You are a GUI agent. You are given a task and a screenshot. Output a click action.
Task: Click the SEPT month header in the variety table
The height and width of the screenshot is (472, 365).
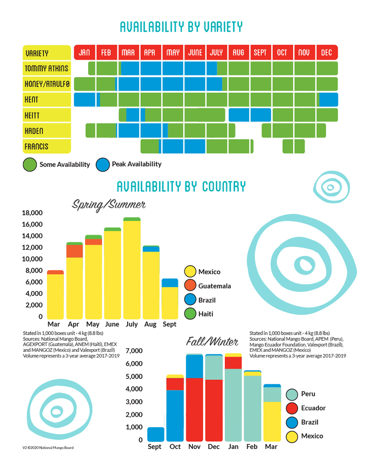click(260, 53)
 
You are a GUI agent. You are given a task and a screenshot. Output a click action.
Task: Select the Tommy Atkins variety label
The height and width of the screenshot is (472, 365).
click(47, 68)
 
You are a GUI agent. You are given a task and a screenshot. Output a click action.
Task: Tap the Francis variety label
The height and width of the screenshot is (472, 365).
click(47, 146)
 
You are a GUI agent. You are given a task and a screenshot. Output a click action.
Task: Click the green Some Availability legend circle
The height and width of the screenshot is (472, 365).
click(30, 164)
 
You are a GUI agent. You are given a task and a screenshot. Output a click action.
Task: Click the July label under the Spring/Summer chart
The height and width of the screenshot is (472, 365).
click(132, 324)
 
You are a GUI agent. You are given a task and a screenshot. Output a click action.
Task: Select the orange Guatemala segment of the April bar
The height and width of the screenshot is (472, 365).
click(75, 251)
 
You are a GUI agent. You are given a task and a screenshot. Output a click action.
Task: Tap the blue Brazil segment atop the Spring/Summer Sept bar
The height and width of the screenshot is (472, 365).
click(169, 282)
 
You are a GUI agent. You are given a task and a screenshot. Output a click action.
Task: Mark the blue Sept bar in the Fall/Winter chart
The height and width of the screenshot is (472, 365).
click(155, 434)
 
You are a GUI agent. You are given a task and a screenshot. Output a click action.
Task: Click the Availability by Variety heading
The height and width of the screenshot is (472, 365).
click(182, 27)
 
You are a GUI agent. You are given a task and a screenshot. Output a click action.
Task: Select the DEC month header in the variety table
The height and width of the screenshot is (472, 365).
click(327, 53)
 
